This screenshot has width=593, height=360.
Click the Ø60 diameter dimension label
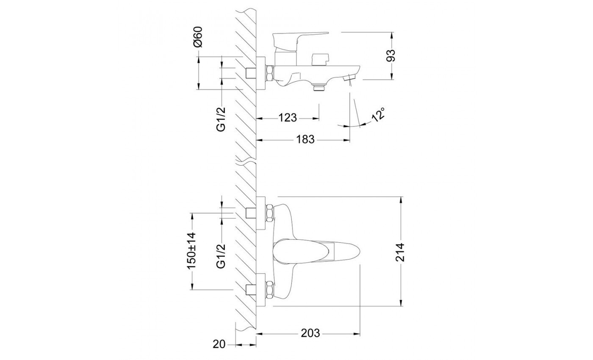(x=198, y=37)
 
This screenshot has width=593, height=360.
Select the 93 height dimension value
(x=391, y=55)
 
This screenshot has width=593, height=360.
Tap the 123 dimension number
(x=288, y=118)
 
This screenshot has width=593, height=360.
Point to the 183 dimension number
(x=305, y=139)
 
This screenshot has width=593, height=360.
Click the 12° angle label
(x=378, y=115)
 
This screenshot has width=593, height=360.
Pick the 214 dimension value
(x=400, y=252)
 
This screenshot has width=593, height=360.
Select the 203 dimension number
(x=310, y=333)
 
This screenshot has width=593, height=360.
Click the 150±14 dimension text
(x=191, y=250)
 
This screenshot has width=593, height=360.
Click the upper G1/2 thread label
(x=221, y=119)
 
